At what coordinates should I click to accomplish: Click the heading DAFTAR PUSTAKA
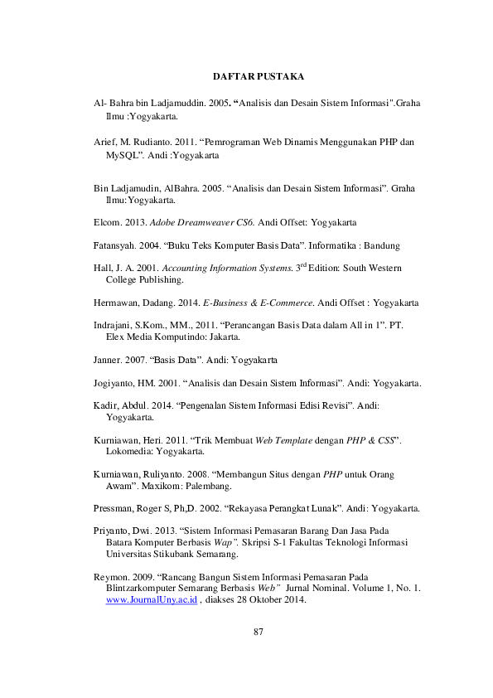point(259,76)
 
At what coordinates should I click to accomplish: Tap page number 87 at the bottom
point(258,633)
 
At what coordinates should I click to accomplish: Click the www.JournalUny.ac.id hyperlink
point(152,601)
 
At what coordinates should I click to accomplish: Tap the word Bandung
point(383,245)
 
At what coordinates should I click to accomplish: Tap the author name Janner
point(107,361)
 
